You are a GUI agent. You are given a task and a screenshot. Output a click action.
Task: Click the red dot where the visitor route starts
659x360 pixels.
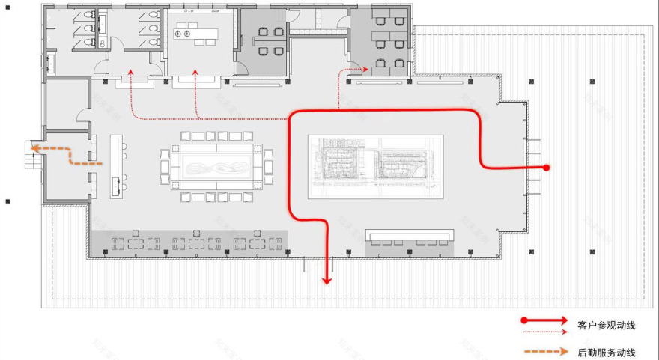click(547, 168)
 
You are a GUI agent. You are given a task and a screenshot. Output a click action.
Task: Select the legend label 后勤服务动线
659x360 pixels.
click(607, 352)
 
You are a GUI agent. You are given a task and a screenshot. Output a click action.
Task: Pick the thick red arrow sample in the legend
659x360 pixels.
click(546, 320)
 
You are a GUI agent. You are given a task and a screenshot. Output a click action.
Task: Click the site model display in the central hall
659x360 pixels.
click(375, 167)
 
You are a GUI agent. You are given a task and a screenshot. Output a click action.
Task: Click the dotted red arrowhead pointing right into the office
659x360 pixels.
click(365, 70)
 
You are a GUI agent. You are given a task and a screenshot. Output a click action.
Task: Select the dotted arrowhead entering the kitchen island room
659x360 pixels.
click(195, 73)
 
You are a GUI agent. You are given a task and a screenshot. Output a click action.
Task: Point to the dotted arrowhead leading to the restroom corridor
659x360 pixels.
click(131, 73)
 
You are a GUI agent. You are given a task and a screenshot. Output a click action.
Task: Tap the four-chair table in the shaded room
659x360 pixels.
click(270, 41)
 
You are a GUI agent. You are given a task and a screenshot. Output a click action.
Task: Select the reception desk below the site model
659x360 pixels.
click(410, 236)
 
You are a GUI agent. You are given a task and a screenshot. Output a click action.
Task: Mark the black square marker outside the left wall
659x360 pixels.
click(7, 201)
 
